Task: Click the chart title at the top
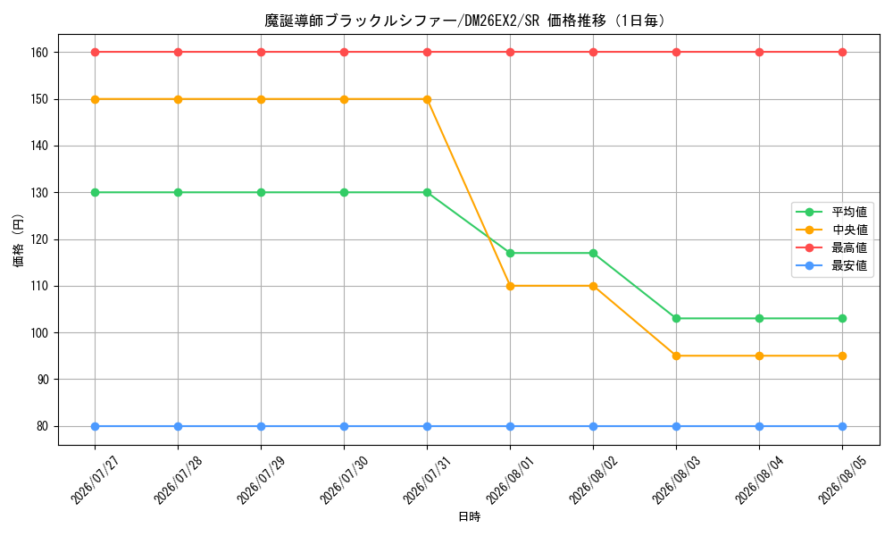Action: [x=464, y=21]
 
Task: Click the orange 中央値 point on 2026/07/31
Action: [x=427, y=100]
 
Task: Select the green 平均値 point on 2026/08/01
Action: [x=510, y=254]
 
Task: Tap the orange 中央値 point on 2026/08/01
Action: [x=510, y=287]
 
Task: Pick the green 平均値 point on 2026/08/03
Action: [x=677, y=319]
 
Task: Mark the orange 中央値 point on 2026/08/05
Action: [x=843, y=356]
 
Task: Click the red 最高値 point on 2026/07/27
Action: [x=96, y=53]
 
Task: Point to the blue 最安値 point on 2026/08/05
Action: [x=843, y=427]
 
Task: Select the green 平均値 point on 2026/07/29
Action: [x=262, y=193]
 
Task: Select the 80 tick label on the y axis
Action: [x=42, y=427]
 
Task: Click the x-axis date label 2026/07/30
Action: [x=344, y=481]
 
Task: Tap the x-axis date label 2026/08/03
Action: [x=677, y=481]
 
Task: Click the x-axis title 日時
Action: [x=470, y=517]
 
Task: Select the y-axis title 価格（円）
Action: [x=18, y=240]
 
